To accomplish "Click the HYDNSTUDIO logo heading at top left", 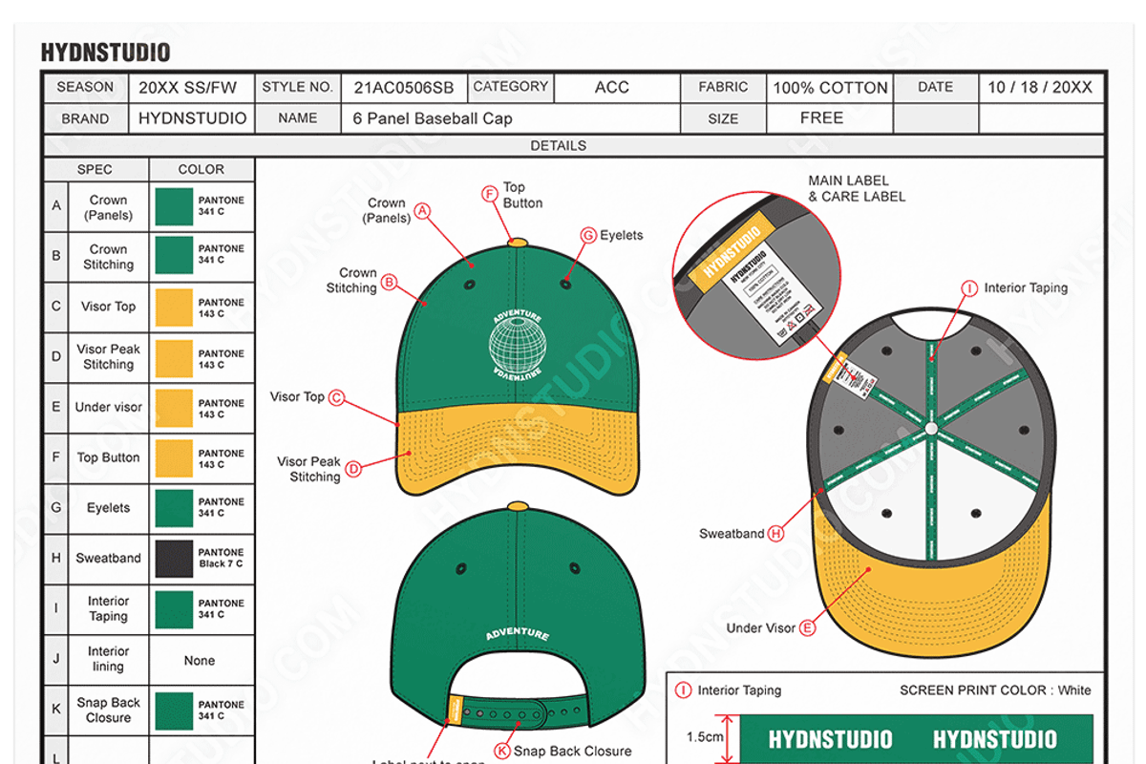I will (105, 53).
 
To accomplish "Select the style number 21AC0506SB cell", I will (403, 88).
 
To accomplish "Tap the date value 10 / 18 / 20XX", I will (1039, 88).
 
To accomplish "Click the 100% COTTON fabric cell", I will (830, 88).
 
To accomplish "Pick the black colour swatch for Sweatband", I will (174, 559).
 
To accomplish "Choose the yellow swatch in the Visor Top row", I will (174, 308).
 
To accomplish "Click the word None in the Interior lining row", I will (200, 661).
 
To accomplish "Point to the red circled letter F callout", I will (490, 195).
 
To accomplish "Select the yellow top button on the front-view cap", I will (518, 243).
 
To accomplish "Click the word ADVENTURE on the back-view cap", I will (518, 633).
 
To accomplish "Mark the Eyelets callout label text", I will (622, 236).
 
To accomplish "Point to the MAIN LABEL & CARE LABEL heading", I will (856, 188).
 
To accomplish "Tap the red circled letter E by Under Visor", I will (808, 628).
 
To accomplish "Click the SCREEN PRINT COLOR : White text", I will (994, 690).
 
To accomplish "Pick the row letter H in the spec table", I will (56, 559).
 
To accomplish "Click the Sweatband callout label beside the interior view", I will (732, 534).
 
